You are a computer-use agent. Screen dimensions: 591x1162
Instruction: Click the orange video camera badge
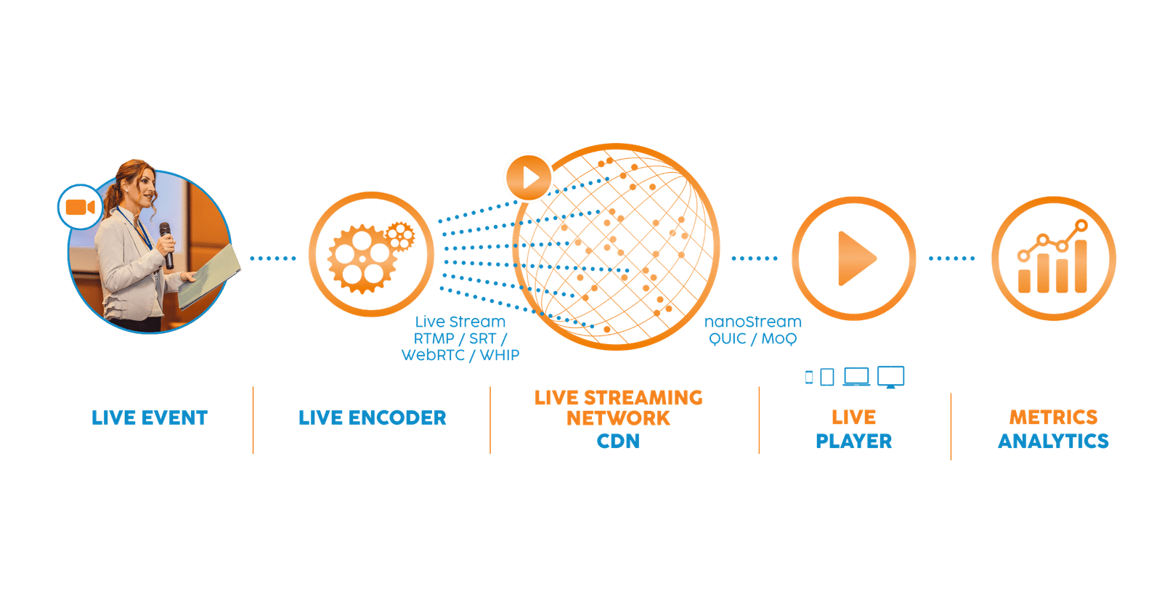click(x=80, y=208)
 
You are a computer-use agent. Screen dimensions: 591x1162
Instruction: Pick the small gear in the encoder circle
click(x=399, y=235)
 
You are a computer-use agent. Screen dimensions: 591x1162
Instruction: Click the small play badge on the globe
click(x=529, y=177)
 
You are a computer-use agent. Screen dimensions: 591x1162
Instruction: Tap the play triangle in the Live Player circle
click(x=856, y=258)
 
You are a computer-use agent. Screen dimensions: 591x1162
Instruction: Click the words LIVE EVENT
click(x=150, y=417)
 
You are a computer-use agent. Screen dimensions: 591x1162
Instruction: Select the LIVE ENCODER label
click(x=372, y=417)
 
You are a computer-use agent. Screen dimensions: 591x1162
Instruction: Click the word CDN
click(x=618, y=441)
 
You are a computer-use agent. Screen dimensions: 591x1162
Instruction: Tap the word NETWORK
click(x=618, y=419)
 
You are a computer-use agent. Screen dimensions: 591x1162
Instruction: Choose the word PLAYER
click(x=853, y=441)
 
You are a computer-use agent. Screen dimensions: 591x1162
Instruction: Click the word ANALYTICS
click(x=1053, y=441)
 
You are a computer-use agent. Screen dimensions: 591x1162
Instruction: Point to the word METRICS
click(x=1053, y=417)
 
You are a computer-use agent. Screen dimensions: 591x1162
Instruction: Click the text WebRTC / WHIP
click(x=460, y=355)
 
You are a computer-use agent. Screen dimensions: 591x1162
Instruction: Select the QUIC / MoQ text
click(x=752, y=338)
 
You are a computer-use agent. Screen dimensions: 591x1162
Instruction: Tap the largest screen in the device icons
click(x=890, y=376)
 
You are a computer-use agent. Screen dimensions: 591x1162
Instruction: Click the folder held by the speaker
click(x=211, y=276)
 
